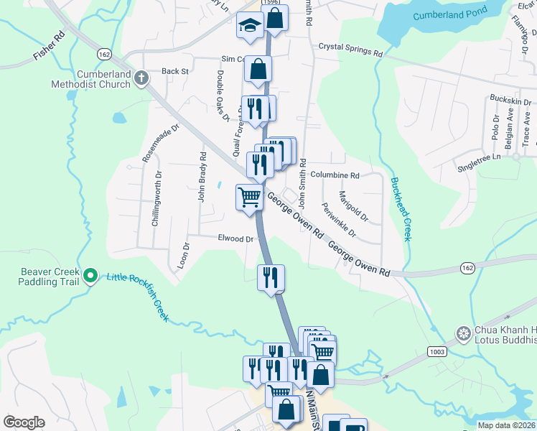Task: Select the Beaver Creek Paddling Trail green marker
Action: pos(90,275)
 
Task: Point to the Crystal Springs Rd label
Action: pos(350,48)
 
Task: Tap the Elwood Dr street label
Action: pos(236,238)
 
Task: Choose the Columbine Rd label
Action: pos(335,175)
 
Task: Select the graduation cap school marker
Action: pos(248,26)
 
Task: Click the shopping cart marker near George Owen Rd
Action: pos(249,195)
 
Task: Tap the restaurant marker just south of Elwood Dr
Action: pos(271,277)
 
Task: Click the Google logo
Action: pos(24,422)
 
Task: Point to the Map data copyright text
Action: pos(506,425)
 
